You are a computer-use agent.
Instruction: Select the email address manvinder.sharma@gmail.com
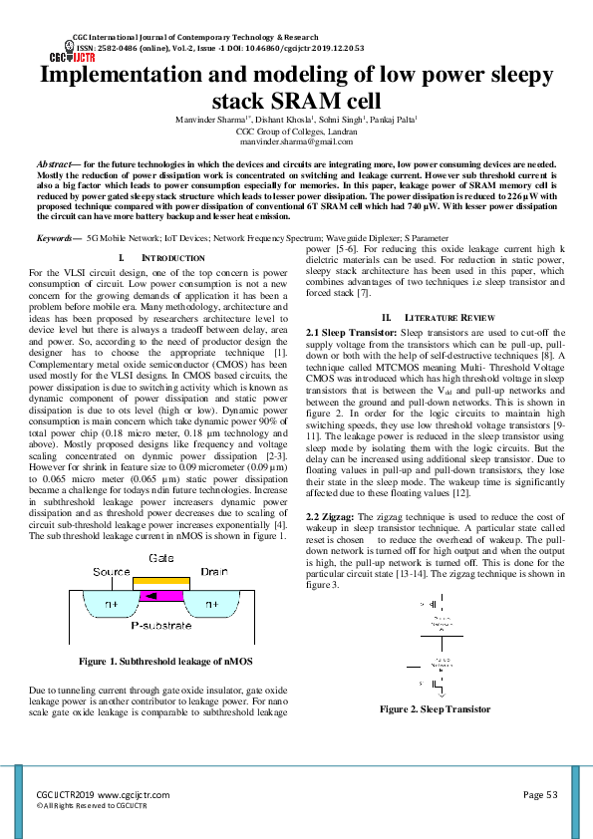[x=297, y=142]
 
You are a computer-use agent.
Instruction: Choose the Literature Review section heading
[x=445, y=316]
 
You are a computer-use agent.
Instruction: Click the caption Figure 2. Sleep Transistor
[x=435, y=709]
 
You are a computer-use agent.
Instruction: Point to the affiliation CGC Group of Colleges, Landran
[x=296, y=132]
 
